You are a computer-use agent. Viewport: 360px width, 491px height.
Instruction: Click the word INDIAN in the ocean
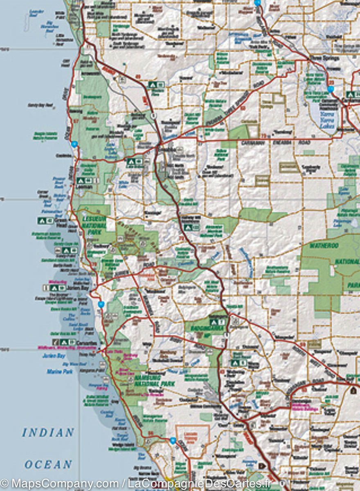tap(48, 432)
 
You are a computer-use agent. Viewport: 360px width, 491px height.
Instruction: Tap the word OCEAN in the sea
tap(48, 465)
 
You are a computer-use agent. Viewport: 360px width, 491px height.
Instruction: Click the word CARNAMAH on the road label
tap(252, 143)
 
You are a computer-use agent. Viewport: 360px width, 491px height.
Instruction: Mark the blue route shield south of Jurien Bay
tap(101, 304)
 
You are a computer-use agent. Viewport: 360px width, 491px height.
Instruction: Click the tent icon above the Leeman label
tap(81, 180)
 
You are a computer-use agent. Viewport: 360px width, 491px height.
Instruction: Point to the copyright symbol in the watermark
tap(5, 484)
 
